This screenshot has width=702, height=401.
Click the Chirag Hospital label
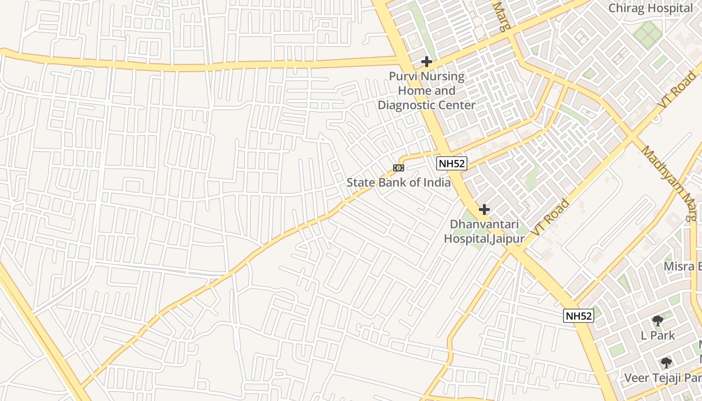coord(650,8)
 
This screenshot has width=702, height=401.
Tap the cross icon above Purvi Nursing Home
coord(427,62)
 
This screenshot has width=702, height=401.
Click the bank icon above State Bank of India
coord(399,168)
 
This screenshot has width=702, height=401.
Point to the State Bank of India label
coord(399,182)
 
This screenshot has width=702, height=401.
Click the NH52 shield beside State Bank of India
coord(451,163)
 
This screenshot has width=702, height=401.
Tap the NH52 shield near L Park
coord(578,316)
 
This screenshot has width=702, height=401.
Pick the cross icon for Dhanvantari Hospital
coord(484,209)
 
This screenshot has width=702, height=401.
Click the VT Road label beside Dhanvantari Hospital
coord(550,218)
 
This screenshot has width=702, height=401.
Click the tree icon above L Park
coord(658,321)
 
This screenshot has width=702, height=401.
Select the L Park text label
coord(658,335)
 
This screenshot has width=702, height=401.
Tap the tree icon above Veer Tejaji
coord(666,362)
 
